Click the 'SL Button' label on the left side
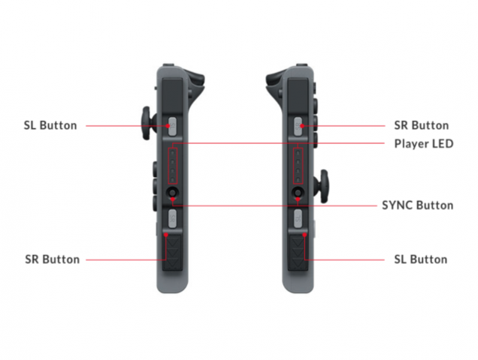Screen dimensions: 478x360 (x=50, y=125)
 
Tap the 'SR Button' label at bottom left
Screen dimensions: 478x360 (x=52, y=259)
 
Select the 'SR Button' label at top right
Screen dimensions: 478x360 (x=421, y=125)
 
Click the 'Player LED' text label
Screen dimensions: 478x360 (x=424, y=144)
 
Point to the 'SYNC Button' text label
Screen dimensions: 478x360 (x=417, y=205)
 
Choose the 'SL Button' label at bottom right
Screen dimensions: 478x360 (x=421, y=259)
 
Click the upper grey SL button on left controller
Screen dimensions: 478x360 (x=172, y=126)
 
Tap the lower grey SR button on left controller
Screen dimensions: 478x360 (x=172, y=218)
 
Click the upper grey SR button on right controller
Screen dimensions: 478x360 (x=298, y=126)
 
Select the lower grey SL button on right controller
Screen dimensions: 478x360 (x=298, y=218)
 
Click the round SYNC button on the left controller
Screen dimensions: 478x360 (x=173, y=193)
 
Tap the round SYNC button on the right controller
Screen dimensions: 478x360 (x=298, y=193)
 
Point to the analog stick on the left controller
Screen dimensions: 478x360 (x=148, y=123)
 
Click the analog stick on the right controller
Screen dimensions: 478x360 (x=322, y=187)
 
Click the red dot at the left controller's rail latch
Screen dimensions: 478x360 (x=166, y=235)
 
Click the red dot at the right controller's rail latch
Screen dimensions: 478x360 (x=304, y=235)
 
